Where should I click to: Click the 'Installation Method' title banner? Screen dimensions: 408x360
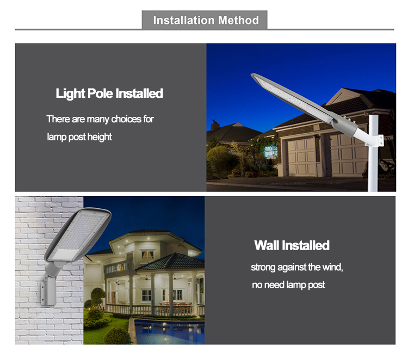205,20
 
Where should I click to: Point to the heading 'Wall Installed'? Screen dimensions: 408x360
292,245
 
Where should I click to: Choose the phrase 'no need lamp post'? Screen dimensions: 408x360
288,285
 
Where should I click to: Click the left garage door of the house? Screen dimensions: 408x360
301,157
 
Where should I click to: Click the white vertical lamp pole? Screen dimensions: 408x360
373,153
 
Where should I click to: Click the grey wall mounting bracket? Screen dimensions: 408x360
48,291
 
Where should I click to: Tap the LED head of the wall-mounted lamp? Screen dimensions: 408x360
78,234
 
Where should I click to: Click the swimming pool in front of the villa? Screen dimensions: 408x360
169,331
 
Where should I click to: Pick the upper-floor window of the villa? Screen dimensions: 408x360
147,257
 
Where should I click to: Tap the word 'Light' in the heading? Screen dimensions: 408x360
70,94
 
